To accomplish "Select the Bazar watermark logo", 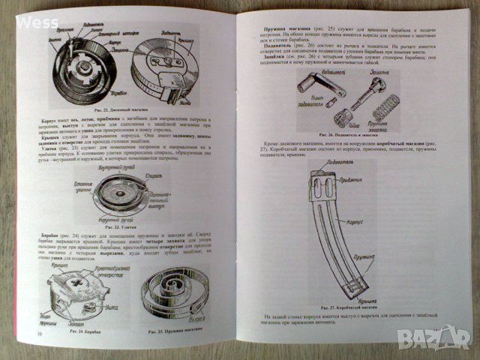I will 445,339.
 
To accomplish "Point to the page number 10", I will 38,334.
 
